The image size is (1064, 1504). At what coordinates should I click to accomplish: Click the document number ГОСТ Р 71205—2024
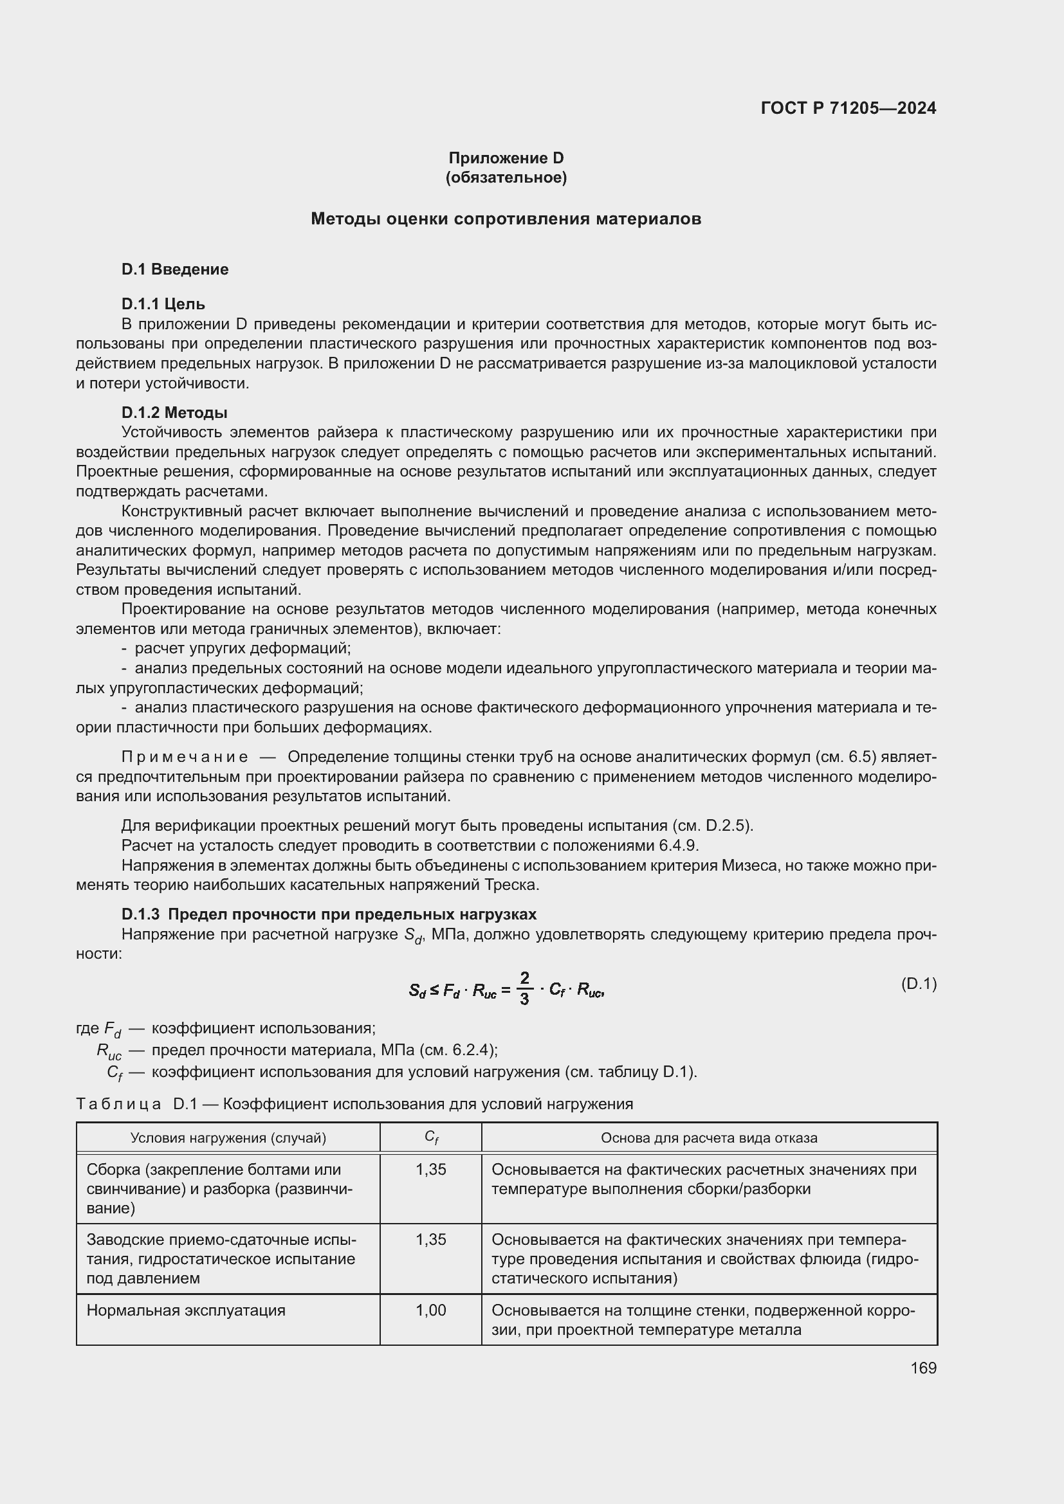[848, 108]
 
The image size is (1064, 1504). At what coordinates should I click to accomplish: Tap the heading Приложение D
[506, 158]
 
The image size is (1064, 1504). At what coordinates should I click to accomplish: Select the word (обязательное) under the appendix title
[506, 177]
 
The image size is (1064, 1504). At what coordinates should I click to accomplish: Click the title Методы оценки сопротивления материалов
[506, 219]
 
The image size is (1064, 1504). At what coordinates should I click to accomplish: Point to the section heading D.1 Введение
[175, 269]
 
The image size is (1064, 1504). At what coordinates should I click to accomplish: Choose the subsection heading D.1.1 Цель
[163, 304]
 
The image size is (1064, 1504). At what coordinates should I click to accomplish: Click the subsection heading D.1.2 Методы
[174, 413]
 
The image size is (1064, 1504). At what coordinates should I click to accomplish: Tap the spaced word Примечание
[185, 757]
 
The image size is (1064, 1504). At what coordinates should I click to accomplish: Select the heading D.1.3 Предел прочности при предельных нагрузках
[329, 914]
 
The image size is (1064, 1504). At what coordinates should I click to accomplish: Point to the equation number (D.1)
[919, 983]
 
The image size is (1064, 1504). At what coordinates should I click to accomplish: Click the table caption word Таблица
[118, 1104]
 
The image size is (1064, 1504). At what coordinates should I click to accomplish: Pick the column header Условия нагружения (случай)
[228, 1138]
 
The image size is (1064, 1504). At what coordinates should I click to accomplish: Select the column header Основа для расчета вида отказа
[709, 1138]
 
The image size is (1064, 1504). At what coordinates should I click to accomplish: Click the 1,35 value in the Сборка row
[430, 1169]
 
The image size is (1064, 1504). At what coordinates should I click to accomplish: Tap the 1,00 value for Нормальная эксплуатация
[430, 1310]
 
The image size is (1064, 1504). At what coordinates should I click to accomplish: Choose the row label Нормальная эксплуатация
[186, 1310]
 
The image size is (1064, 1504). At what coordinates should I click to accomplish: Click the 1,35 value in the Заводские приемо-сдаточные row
[430, 1239]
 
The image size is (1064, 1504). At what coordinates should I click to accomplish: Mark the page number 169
[923, 1368]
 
